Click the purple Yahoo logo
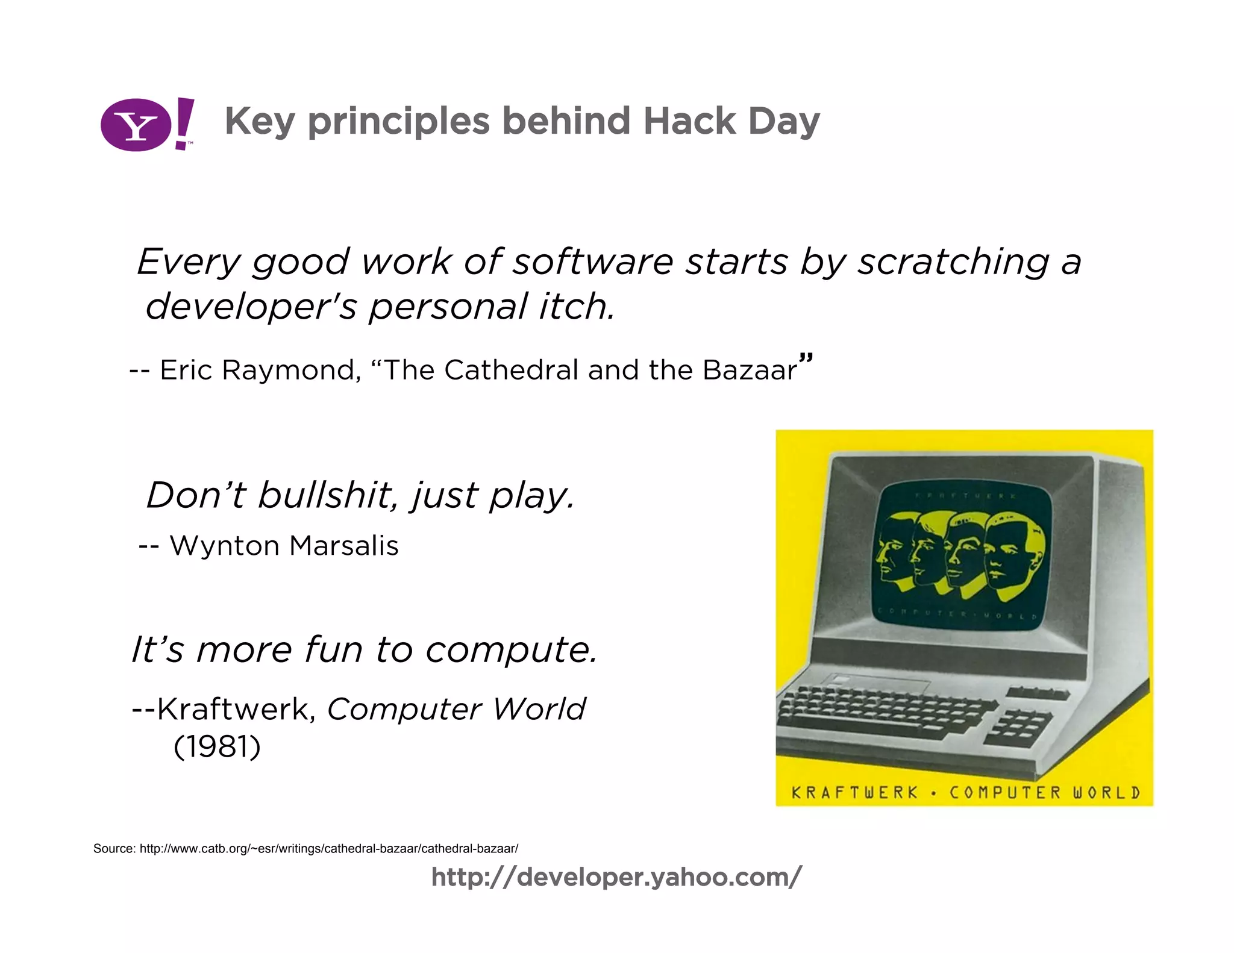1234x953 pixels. [x=146, y=125]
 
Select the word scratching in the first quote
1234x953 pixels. [x=954, y=262]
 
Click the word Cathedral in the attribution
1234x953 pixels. [x=511, y=370]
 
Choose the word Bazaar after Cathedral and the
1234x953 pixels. [x=749, y=370]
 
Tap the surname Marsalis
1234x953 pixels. [x=343, y=546]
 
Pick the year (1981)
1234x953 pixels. [x=217, y=747]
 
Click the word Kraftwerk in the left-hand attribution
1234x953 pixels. [x=235, y=709]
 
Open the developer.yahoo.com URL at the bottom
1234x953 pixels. [x=616, y=877]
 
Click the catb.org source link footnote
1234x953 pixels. [x=328, y=849]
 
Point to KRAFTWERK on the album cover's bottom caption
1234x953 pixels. [x=854, y=792]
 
